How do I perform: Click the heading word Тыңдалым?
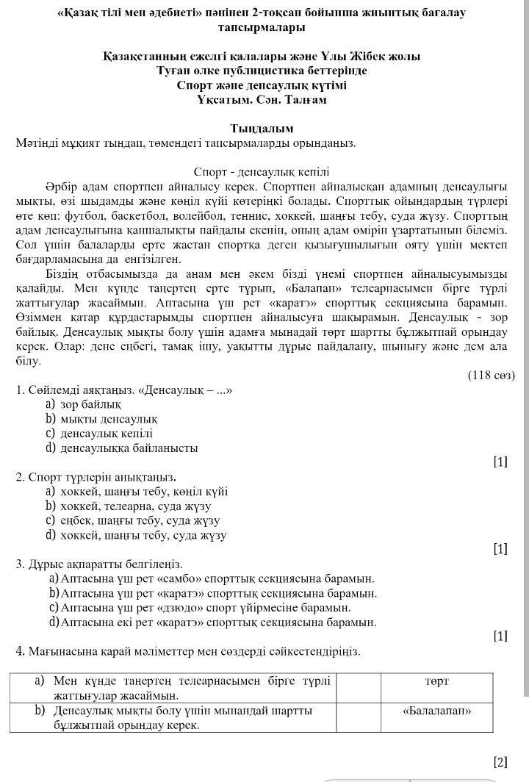pos(262,129)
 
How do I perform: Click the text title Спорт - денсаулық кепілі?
pos(262,172)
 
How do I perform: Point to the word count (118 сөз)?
pos(491,376)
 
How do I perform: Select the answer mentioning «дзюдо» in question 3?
pos(206,608)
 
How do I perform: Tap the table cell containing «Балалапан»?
pos(436,711)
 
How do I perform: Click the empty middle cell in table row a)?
pos(358,688)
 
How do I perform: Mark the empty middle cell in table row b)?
pos(358,717)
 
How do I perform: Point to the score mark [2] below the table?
pos(500,761)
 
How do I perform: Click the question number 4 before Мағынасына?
pos(20,651)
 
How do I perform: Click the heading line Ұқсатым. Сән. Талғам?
pos(262,99)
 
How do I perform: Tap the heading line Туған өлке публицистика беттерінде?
pos(262,71)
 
